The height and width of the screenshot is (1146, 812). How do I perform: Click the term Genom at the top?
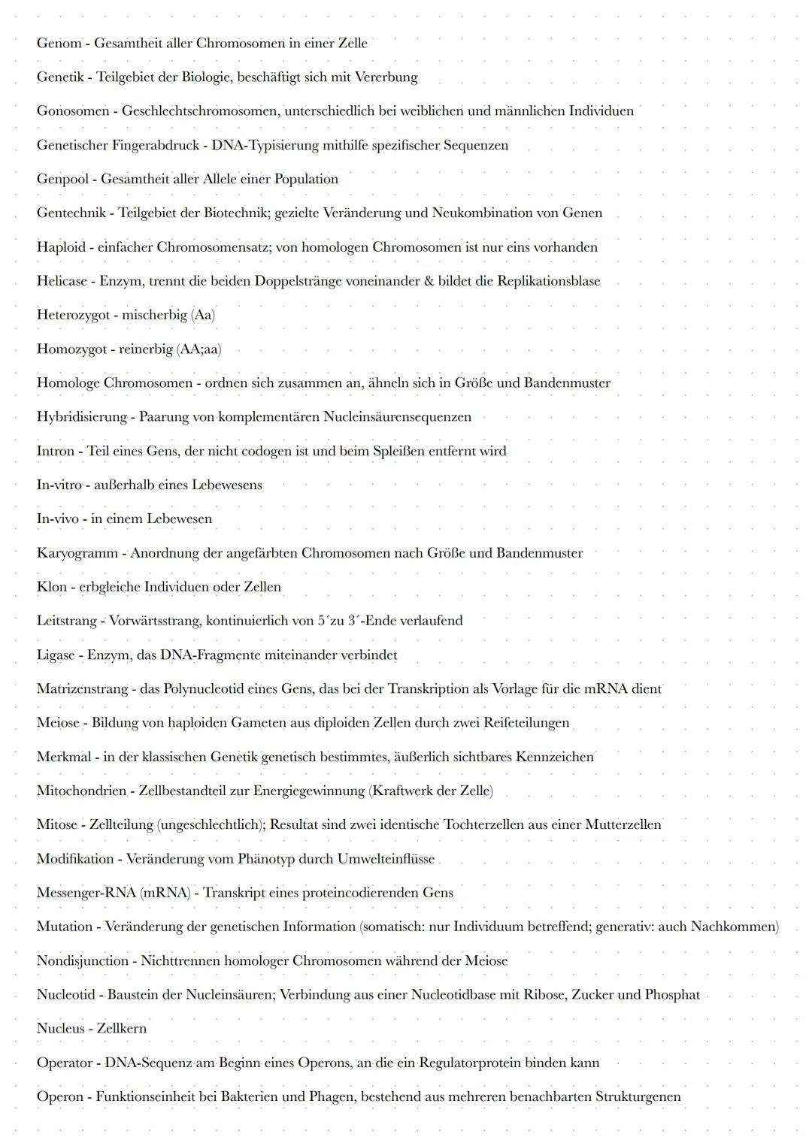coord(59,43)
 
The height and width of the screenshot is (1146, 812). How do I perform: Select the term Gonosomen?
coord(73,111)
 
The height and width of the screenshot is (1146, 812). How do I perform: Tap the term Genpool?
coord(62,179)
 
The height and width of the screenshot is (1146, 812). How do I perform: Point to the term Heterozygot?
coord(73,315)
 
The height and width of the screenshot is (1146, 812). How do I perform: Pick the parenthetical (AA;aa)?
coord(198,349)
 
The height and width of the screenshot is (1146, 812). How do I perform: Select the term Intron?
coord(56,451)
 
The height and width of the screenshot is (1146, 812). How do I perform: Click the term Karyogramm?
coord(77,553)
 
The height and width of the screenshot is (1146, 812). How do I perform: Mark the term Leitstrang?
coord(67,621)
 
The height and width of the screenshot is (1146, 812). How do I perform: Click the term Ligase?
coord(57,655)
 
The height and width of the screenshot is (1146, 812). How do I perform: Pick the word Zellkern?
coord(121,1029)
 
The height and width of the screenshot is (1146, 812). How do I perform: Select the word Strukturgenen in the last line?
coord(638,1097)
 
